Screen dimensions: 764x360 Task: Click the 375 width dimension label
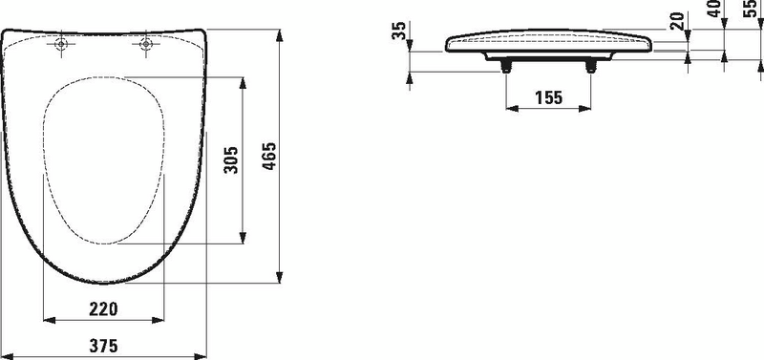(x=103, y=346)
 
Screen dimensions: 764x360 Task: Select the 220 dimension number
(x=103, y=308)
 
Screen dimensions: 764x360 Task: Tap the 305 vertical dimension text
(x=231, y=159)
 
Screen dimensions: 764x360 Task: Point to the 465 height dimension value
(x=268, y=156)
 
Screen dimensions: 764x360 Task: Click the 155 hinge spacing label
(x=548, y=98)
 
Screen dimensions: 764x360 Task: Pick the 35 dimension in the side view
(x=399, y=31)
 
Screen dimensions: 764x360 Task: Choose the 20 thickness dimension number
(x=677, y=21)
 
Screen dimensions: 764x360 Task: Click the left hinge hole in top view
(x=61, y=44)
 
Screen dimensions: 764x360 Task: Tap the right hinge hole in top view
(x=145, y=44)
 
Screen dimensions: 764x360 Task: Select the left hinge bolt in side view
(x=506, y=67)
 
